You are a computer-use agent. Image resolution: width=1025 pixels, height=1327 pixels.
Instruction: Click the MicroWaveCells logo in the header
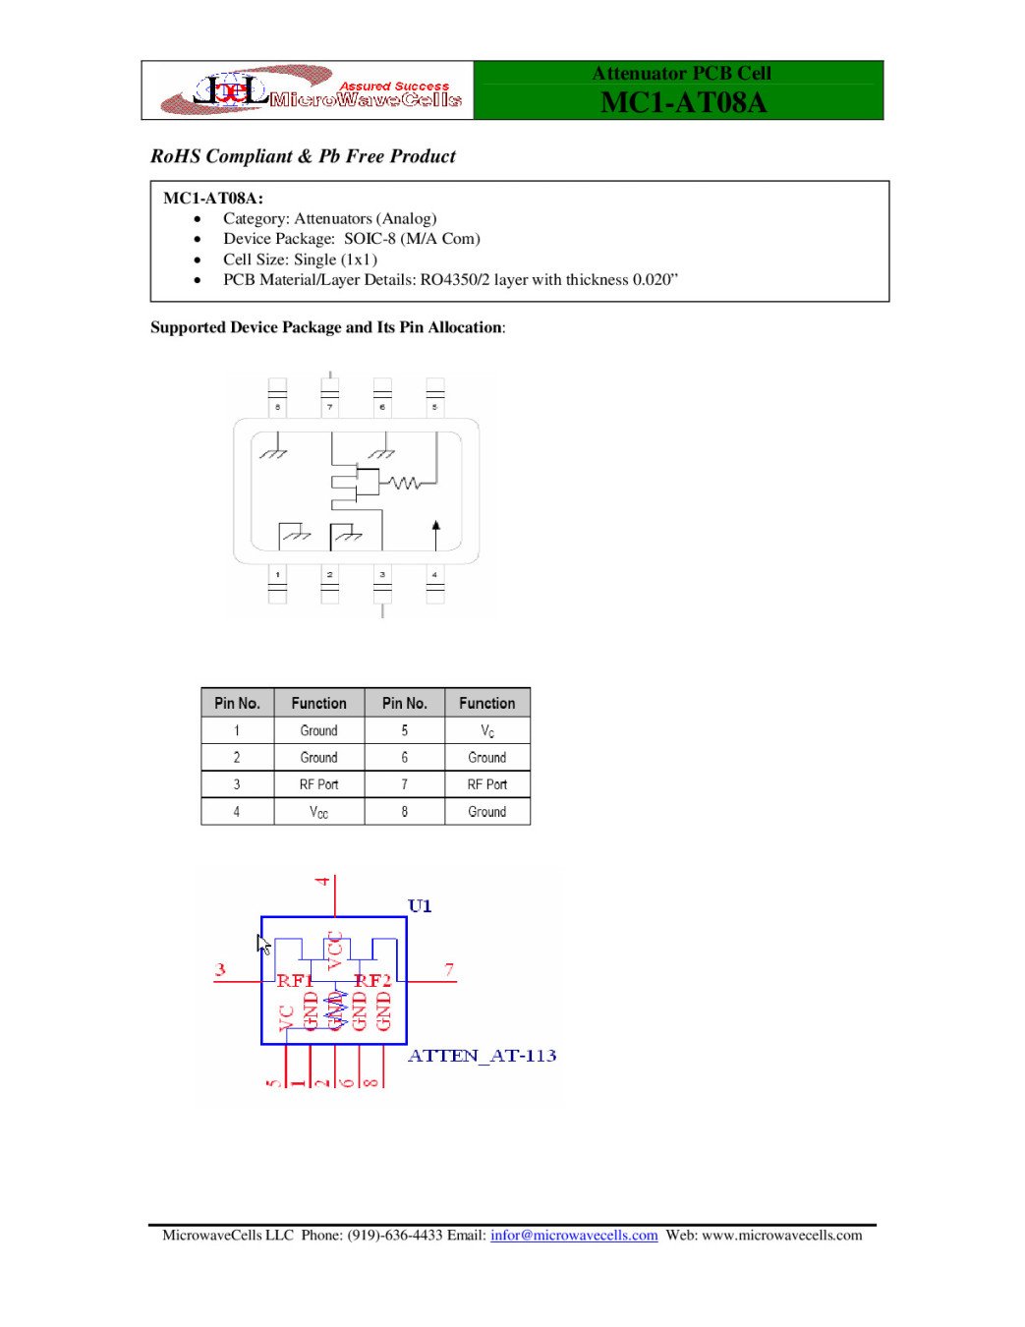309,90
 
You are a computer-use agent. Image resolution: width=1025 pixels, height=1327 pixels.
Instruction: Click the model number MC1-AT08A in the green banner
682,102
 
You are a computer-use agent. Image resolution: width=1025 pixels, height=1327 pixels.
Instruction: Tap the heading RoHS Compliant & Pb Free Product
303,156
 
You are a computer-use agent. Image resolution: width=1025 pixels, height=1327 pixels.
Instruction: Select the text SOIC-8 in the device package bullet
370,239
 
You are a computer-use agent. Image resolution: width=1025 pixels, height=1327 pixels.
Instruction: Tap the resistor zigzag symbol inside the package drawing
403,483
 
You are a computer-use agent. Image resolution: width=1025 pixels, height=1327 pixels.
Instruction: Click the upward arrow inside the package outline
436,534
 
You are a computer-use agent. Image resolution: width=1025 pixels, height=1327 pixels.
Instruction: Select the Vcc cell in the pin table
318,812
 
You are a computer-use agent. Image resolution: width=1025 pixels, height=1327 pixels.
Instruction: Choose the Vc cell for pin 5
487,731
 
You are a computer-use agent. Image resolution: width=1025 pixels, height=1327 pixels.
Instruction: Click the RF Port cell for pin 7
487,784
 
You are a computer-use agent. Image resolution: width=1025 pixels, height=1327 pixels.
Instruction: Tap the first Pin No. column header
237,704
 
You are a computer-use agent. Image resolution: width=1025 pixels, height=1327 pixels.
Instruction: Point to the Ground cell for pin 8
487,812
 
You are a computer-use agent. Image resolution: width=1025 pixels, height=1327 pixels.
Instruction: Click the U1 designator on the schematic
420,905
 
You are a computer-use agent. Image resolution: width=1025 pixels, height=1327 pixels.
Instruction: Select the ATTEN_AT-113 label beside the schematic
482,1056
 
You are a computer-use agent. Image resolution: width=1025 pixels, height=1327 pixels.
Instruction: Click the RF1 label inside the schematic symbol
294,980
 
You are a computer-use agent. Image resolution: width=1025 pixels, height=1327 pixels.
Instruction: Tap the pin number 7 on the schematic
449,970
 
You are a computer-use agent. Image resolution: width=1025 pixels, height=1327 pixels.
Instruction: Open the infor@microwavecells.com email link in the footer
574,1236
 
